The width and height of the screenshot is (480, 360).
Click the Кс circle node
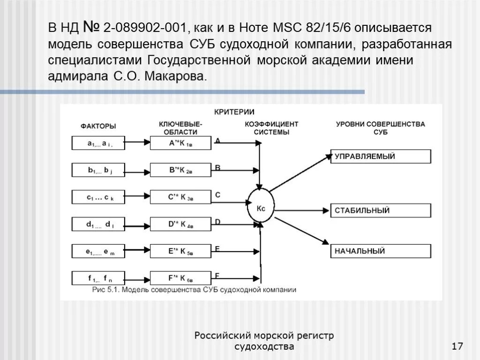pyautogui.click(x=261, y=208)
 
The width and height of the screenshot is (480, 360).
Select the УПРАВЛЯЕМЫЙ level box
pyautogui.click(x=381, y=157)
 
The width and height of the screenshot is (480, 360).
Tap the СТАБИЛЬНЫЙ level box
pyautogui.click(x=381, y=210)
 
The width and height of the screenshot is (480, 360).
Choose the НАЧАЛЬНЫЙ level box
pyautogui.click(x=381, y=251)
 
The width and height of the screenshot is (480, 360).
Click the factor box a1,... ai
pyautogui.click(x=98, y=144)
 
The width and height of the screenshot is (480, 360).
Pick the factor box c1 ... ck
pyautogui.click(x=98, y=198)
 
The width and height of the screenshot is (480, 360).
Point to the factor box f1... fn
pyautogui.click(x=98, y=278)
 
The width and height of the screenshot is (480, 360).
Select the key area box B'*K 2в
pyautogui.click(x=180, y=171)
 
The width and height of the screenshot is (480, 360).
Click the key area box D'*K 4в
pyautogui.click(x=180, y=225)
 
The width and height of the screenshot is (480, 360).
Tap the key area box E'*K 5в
pyautogui.click(x=180, y=251)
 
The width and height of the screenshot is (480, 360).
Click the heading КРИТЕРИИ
pyautogui.click(x=234, y=112)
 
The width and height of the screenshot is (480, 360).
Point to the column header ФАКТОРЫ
pyautogui.click(x=98, y=126)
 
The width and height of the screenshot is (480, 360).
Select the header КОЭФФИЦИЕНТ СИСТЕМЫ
pyautogui.click(x=271, y=128)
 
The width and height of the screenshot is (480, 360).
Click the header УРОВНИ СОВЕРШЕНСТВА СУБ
pyautogui.click(x=380, y=128)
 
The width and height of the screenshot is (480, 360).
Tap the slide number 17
pyautogui.click(x=457, y=346)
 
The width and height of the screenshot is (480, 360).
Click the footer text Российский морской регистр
pyautogui.click(x=264, y=336)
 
